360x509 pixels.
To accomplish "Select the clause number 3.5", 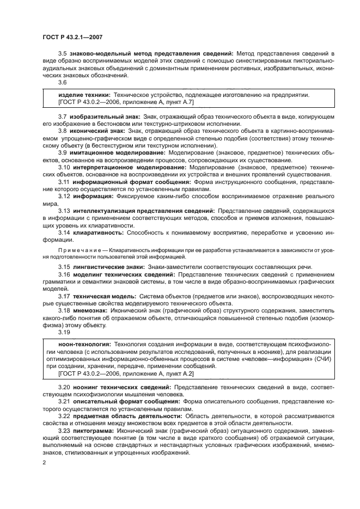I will (63, 53).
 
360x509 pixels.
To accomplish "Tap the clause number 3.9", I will (63, 152).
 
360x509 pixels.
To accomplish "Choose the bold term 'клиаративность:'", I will (97, 232).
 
